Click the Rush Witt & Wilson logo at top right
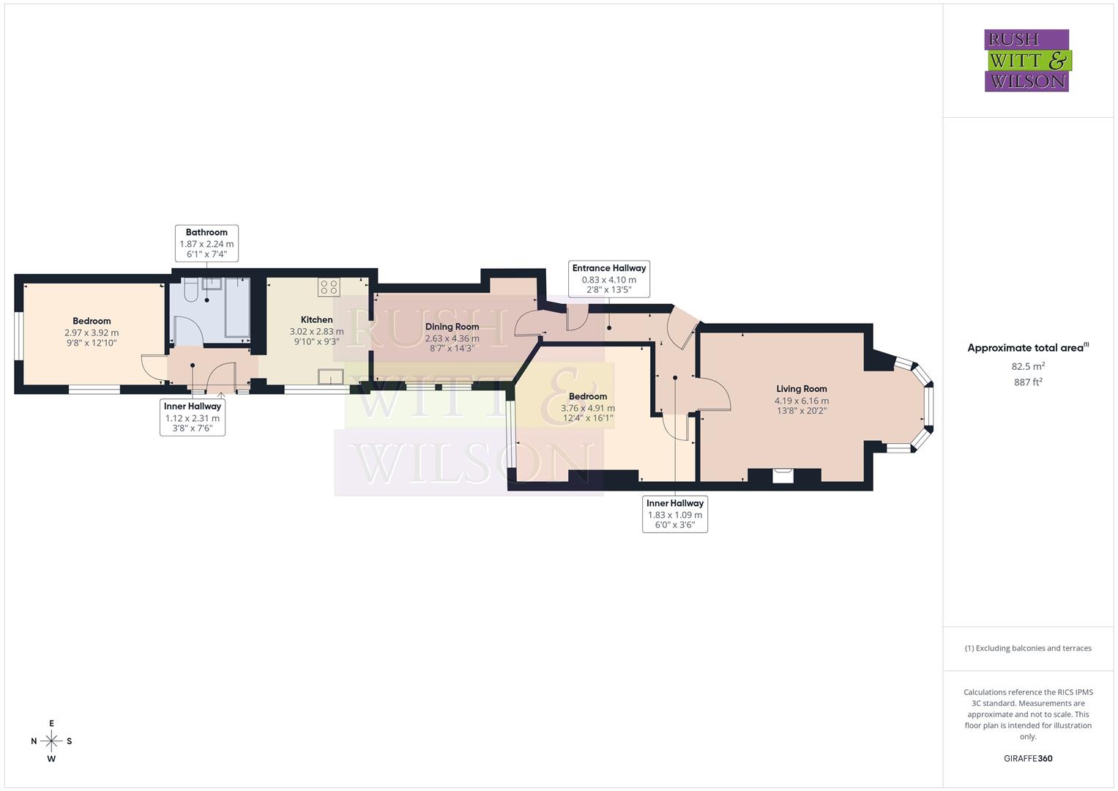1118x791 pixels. click(x=1026, y=60)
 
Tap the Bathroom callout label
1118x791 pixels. click(x=206, y=243)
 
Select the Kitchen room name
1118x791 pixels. click(x=316, y=319)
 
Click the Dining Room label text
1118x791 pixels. click(x=452, y=327)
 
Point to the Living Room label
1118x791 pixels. click(x=802, y=389)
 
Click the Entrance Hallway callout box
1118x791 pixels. click(x=608, y=279)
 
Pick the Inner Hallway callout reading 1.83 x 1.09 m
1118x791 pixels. click(x=674, y=514)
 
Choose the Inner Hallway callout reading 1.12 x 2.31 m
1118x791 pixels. click(x=193, y=417)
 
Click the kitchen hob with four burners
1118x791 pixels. click(x=329, y=286)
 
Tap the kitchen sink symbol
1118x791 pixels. click(x=330, y=376)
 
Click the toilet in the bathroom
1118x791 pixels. click(x=190, y=292)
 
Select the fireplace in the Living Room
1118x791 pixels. click(x=783, y=475)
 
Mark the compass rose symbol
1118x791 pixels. click(x=51, y=741)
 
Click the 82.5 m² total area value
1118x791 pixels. click(x=1028, y=365)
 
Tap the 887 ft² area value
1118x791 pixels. click(x=1028, y=382)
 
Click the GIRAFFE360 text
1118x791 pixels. click(x=1028, y=758)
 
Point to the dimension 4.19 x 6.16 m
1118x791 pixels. click(x=802, y=401)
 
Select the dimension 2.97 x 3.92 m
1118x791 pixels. click(x=92, y=333)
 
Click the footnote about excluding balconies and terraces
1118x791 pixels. click(x=1028, y=648)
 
